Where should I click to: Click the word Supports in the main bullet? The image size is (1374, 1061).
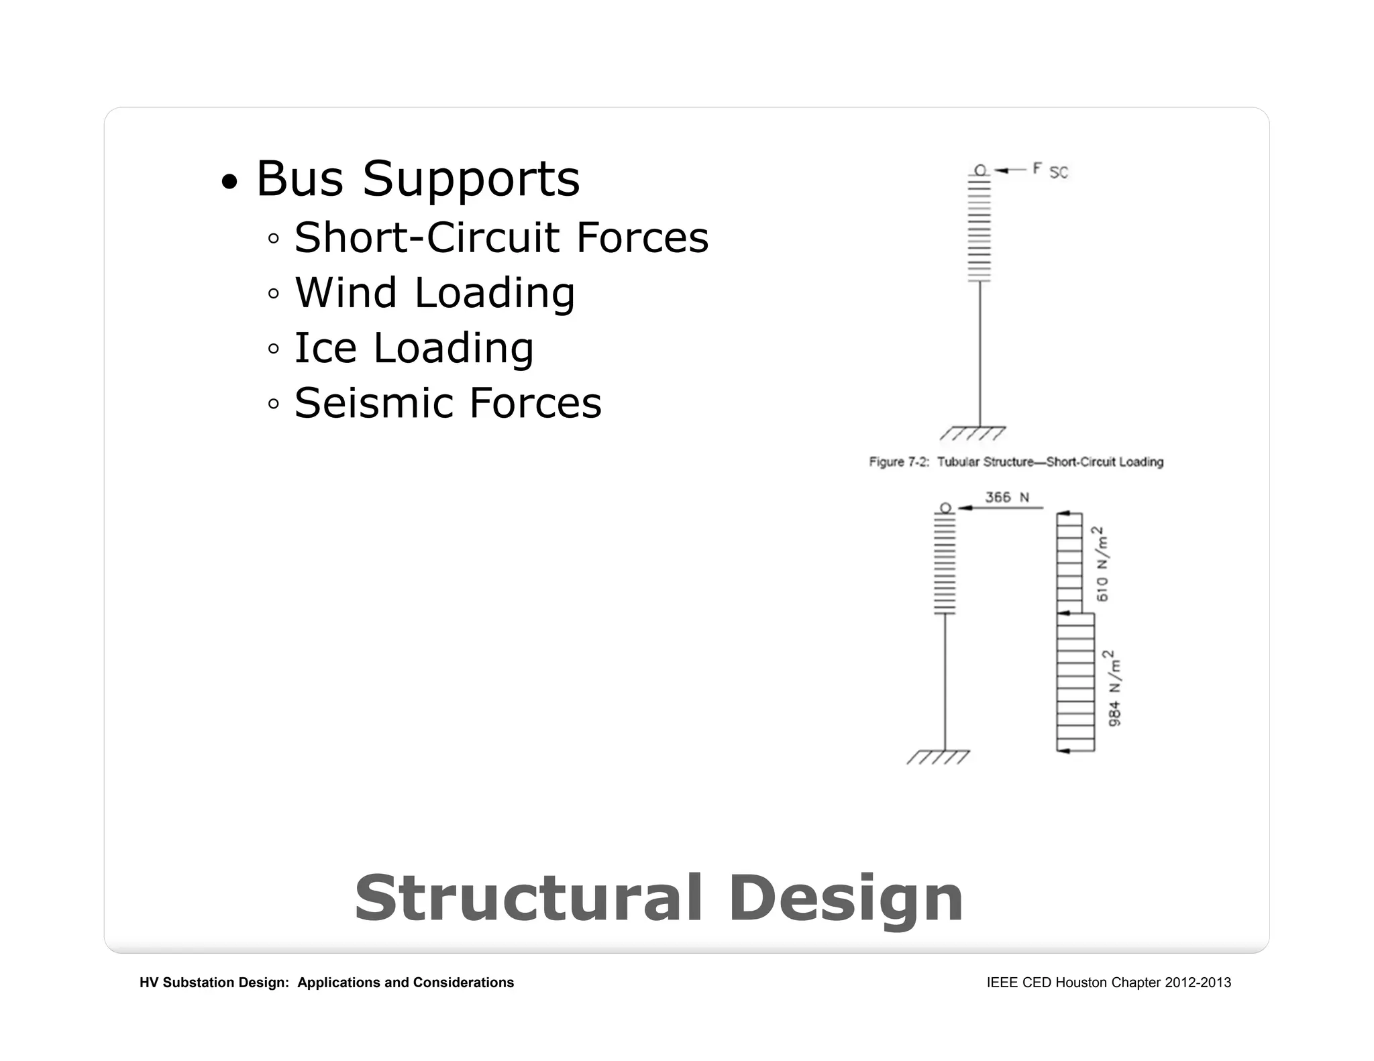[x=471, y=179]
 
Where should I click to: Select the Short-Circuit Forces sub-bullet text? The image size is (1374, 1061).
[x=501, y=237]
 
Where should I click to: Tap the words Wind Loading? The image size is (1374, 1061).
[x=435, y=293]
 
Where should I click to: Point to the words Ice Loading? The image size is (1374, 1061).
[x=414, y=348]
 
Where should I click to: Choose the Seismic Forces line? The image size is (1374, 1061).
[x=448, y=403]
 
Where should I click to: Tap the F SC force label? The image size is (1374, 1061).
[x=1050, y=170]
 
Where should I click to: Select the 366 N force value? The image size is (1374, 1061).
[x=1006, y=497]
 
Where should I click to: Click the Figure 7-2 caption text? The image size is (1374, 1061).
[x=1016, y=461]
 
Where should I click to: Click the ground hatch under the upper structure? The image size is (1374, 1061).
[x=973, y=433]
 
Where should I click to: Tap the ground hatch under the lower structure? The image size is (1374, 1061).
[x=938, y=757]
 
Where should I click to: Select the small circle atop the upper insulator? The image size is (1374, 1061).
[x=980, y=170]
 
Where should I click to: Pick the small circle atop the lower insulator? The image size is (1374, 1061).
[x=945, y=508]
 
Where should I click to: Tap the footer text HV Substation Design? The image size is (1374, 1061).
[x=327, y=983]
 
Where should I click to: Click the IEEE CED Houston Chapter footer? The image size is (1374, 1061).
[x=1108, y=983]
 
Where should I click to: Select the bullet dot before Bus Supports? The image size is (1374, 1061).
[x=229, y=182]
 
